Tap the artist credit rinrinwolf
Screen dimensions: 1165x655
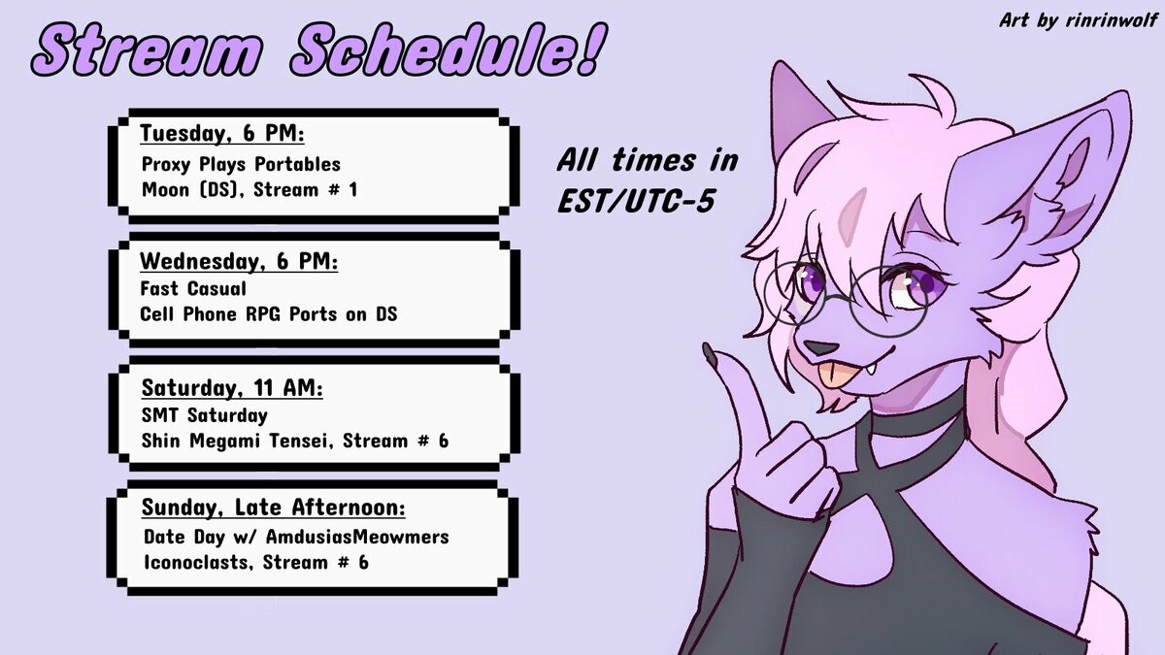click(1112, 19)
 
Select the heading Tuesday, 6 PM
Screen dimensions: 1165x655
click(222, 133)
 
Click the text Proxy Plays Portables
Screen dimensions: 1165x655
click(241, 164)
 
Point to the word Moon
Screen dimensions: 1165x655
click(165, 189)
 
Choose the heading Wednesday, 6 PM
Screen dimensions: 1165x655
click(239, 261)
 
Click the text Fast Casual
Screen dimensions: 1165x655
click(193, 288)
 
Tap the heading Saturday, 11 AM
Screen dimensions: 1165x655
click(232, 388)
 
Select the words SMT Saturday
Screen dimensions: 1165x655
click(205, 415)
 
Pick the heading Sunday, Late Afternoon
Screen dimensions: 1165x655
click(273, 507)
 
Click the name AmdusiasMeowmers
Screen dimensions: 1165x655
click(357, 537)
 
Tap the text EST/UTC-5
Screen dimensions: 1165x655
click(636, 201)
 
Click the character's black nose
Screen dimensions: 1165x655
click(819, 347)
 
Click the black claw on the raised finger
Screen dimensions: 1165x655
click(711, 353)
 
